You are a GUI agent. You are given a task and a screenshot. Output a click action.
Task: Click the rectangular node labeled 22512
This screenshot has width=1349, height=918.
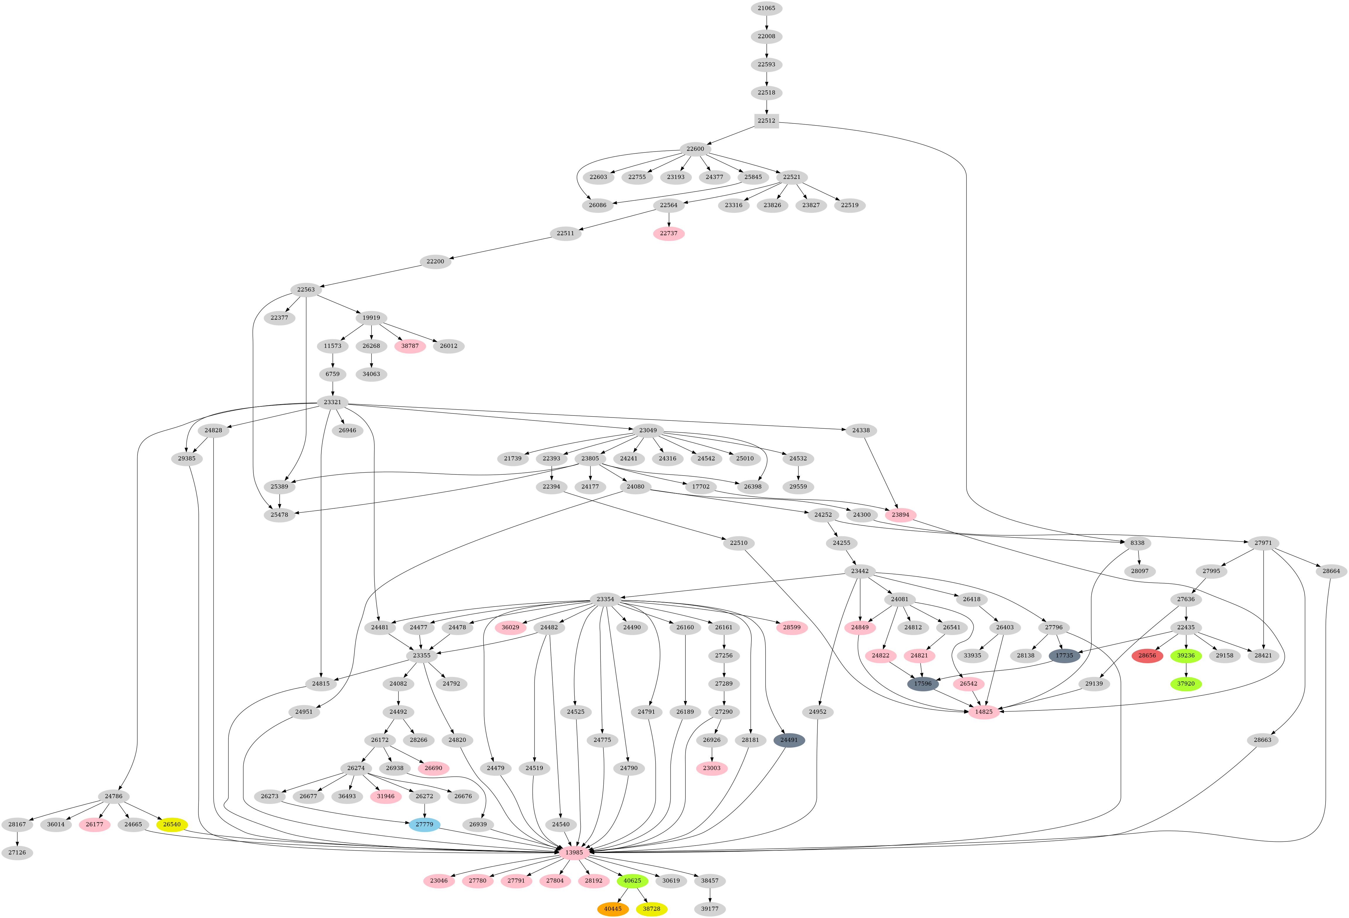click(x=766, y=121)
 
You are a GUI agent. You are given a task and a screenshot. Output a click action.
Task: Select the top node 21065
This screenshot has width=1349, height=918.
click(x=766, y=8)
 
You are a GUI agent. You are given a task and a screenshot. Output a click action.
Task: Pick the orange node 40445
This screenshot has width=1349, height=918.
click(x=612, y=909)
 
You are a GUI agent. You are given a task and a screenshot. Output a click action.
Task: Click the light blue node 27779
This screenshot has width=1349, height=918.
click(x=424, y=824)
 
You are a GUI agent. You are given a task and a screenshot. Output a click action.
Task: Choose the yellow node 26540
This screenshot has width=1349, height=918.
click(x=172, y=824)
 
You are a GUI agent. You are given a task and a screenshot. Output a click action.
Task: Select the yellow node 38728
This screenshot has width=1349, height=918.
click(x=651, y=909)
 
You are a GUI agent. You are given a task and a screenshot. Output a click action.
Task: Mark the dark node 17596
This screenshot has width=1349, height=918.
click(x=922, y=683)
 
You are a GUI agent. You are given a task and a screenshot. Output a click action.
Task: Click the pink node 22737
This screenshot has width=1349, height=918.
click(x=669, y=233)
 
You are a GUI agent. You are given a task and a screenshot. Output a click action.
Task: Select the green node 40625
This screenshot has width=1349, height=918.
click(x=632, y=881)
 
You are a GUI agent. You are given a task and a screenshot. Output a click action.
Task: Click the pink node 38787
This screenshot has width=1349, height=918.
click(x=410, y=346)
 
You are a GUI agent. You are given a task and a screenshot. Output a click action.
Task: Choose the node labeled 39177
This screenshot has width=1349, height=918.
click(x=709, y=909)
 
